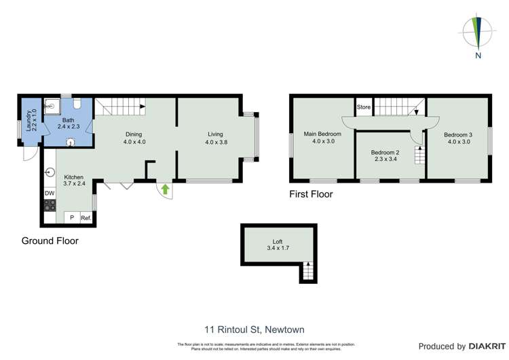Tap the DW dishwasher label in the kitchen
[49, 194]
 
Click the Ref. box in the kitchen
[86, 218]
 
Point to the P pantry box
[71, 218]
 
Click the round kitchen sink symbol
[50, 172]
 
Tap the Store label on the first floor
[364, 107]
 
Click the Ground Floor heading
[50, 240]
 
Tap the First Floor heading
[311, 194]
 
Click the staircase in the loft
[307, 272]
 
